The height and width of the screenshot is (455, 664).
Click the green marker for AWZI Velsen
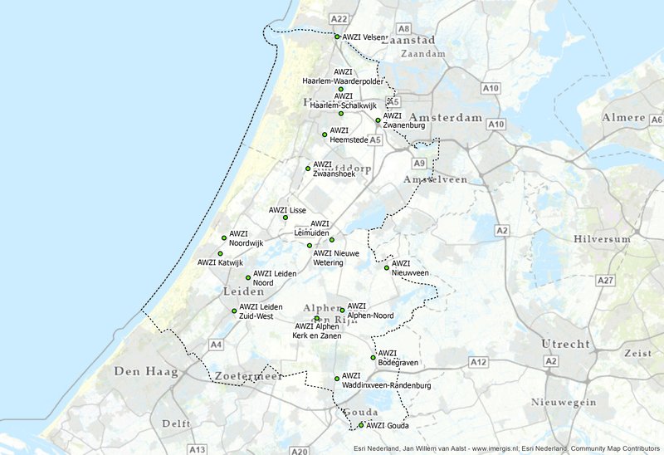(337, 37)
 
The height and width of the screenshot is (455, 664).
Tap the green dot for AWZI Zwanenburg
(378, 120)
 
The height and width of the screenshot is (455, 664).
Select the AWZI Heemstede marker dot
(325, 135)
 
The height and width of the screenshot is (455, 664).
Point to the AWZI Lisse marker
(285, 218)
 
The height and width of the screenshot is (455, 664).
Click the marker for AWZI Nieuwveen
(386, 267)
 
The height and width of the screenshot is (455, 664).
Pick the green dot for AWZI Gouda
(361, 425)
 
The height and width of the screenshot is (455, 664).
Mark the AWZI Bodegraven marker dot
(373, 358)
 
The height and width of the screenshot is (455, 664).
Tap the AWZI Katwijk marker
(220, 253)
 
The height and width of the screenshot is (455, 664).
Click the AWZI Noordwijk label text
(246, 238)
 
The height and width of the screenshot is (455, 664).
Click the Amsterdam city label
(445, 118)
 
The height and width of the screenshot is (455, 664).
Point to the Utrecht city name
(566, 344)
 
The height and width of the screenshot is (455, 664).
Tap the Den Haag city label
(146, 371)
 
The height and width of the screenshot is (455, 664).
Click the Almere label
(624, 118)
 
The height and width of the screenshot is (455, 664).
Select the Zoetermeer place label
(247, 376)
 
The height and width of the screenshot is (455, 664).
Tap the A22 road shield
(339, 18)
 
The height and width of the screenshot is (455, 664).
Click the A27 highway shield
(605, 281)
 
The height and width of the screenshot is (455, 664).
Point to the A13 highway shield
(197, 449)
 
